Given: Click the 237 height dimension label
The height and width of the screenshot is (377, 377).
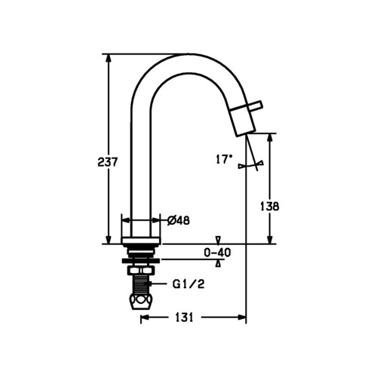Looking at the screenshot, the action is pos(107,162).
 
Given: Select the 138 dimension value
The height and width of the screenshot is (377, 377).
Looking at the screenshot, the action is pos(269,207).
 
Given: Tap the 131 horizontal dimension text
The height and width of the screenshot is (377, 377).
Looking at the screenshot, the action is pos(184,317).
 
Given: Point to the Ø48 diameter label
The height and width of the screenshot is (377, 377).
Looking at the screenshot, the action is pos(179,221).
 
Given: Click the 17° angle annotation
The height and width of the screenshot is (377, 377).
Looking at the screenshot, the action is pos(224,159).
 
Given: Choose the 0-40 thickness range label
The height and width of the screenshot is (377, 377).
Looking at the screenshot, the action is pos(217,253).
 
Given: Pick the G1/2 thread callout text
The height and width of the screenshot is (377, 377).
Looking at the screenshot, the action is pos(188,284).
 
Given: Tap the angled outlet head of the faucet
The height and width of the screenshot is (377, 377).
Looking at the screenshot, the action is pos(243,121).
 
